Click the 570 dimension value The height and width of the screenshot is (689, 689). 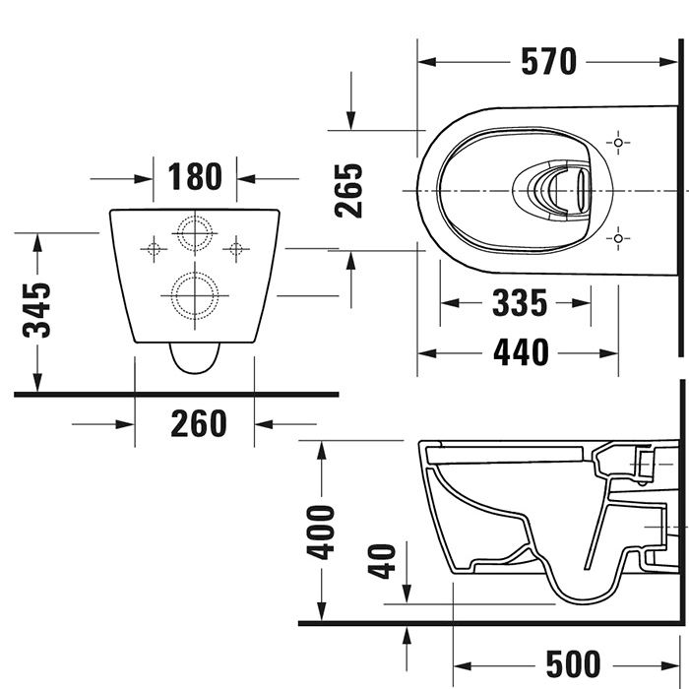(x=548, y=62)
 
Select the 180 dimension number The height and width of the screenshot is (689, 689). (x=195, y=178)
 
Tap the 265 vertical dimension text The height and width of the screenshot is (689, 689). (x=347, y=190)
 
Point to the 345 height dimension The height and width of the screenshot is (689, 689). (x=37, y=310)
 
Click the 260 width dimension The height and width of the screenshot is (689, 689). (x=198, y=424)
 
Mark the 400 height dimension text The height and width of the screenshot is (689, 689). (x=320, y=532)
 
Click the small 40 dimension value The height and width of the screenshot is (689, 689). (x=387, y=561)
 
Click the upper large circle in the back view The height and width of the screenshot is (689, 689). (x=194, y=232)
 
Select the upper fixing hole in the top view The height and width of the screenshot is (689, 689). (x=618, y=143)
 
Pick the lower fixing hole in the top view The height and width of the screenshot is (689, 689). (x=618, y=236)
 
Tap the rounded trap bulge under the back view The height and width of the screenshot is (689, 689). (x=193, y=359)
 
